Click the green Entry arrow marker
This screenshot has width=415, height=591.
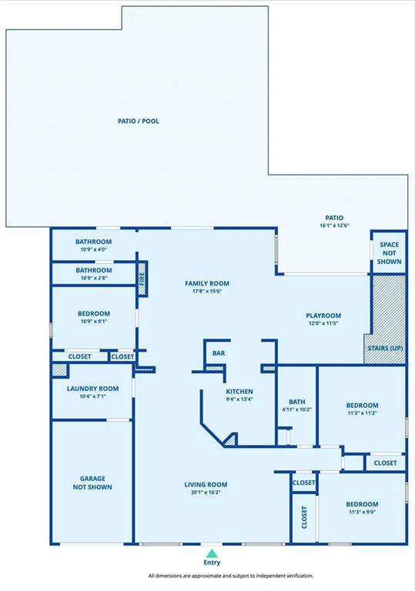pos(212,554)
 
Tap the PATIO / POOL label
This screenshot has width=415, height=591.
pos(139,121)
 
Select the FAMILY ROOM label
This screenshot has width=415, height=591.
pos(207,283)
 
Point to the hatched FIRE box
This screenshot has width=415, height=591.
pos(142,279)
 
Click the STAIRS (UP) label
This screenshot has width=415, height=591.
pos(385,348)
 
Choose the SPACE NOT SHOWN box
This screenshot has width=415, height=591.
pos(389,252)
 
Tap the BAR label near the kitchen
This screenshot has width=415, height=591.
pos(219,353)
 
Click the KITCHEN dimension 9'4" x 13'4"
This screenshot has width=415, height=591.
pos(239,399)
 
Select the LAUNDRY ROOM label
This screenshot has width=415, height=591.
pos(93,389)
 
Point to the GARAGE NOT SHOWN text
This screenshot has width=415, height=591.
pos(92,482)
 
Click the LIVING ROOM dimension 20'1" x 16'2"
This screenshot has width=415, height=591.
pos(206,492)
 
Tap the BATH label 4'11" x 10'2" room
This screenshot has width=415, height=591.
pos(297,402)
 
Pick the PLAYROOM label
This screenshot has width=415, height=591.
pos(323,316)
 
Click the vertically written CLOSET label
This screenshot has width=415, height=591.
pos(304,517)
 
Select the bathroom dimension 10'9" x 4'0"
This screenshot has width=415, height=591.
pos(94,249)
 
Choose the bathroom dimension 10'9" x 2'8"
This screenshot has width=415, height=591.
pos(94,278)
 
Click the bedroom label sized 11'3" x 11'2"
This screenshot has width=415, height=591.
pos(362,406)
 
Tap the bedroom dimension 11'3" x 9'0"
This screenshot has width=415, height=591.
pos(362,512)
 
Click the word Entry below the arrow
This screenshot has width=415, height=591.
pos(212,563)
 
